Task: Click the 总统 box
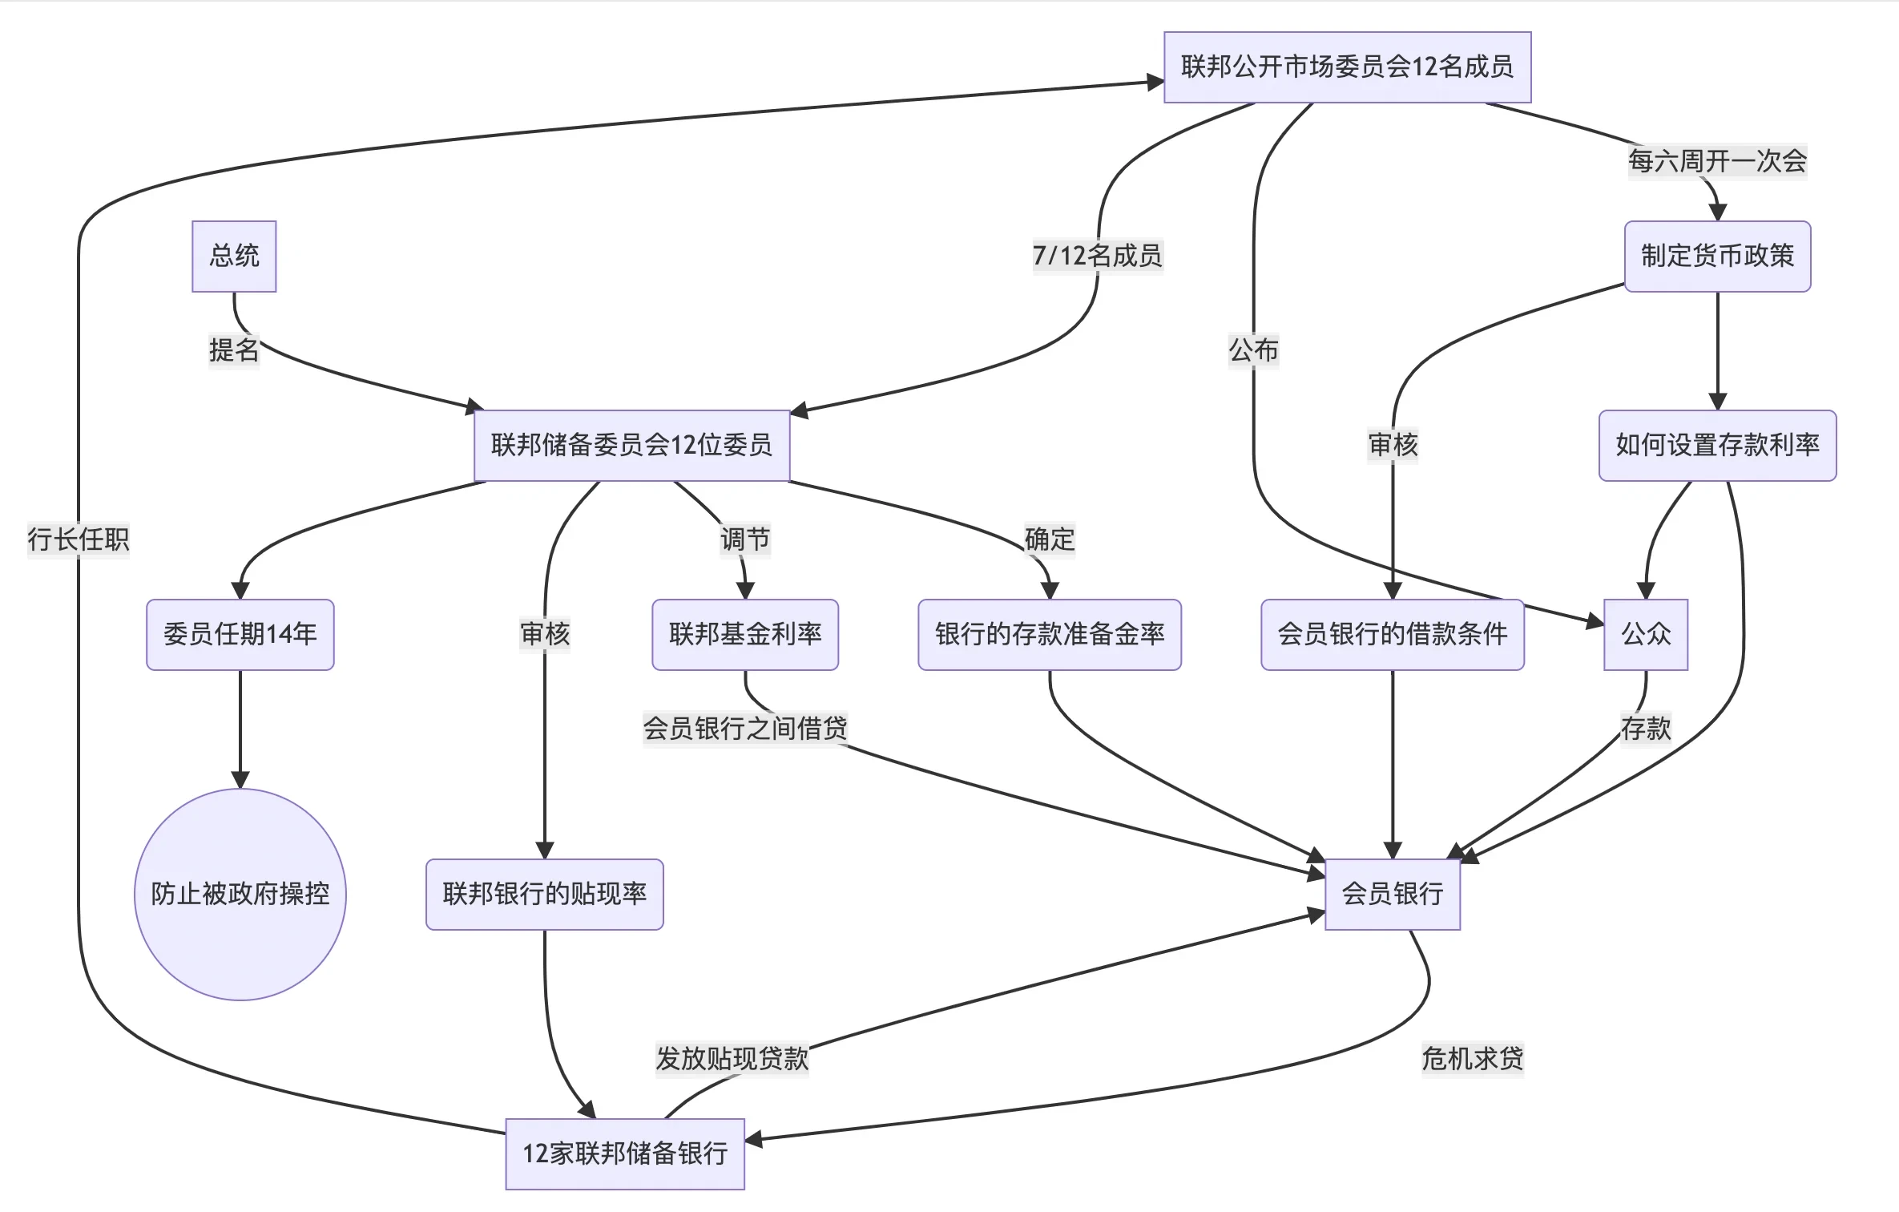(x=234, y=256)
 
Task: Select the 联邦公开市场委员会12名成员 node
(x=1347, y=67)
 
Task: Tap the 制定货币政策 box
(x=1717, y=256)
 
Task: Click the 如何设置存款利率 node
(x=1717, y=445)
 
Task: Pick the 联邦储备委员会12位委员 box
(x=631, y=445)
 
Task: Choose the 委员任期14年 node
(x=240, y=634)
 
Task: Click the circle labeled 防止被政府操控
(x=240, y=894)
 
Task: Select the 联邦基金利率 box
(x=745, y=634)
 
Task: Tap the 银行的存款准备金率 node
(x=1050, y=634)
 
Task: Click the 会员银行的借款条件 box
(x=1393, y=634)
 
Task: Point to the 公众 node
(x=1646, y=634)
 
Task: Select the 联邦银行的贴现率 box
(x=544, y=894)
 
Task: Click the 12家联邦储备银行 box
(x=625, y=1153)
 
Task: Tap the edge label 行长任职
(x=79, y=539)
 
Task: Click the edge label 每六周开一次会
(x=1717, y=161)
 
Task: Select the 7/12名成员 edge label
(x=1098, y=256)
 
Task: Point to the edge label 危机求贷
(x=1473, y=1059)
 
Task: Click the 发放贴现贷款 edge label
(x=732, y=1059)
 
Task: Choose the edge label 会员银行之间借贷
(x=745, y=729)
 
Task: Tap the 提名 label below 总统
(x=234, y=350)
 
